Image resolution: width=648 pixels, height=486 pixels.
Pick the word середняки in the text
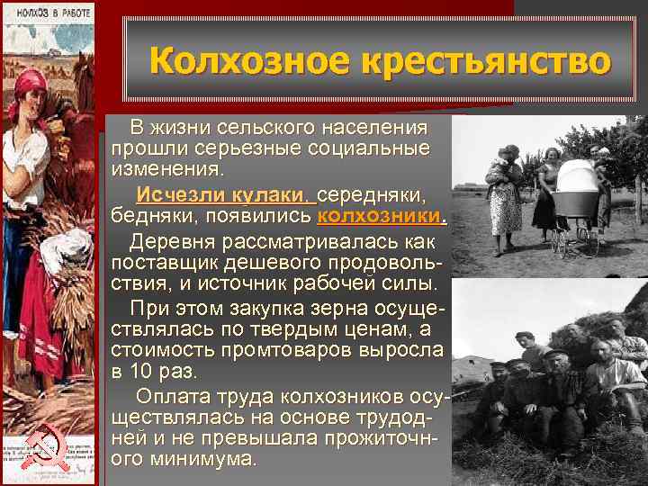[373, 195]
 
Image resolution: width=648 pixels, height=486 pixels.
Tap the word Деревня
[173, 242]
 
